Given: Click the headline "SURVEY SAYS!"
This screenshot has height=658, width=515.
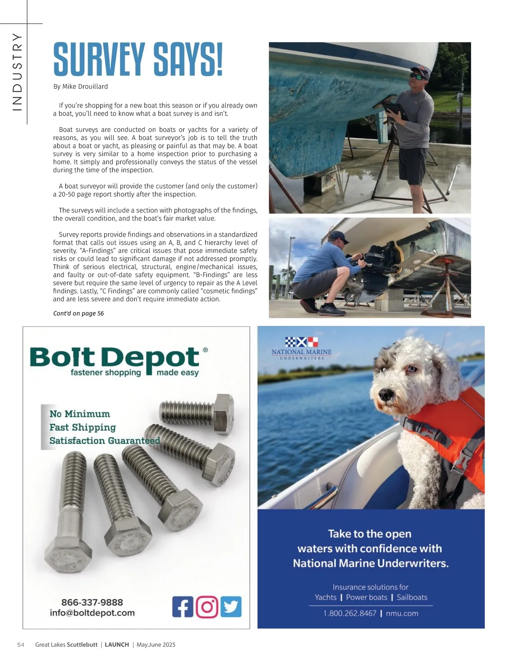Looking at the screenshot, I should (x=138, y=59).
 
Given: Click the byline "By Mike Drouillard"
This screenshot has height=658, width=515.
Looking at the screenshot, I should (x=80, y=87).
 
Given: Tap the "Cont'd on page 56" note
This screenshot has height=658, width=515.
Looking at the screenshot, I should (x=79, y=313).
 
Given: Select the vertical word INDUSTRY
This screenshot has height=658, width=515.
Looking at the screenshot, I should (x=17, y=72).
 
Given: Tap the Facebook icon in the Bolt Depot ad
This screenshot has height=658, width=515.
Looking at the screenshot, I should (x=182, y=607).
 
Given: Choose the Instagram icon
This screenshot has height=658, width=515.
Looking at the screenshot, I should (x=207, y=607).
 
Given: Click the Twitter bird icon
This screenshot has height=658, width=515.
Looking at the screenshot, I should (x=231, y=607).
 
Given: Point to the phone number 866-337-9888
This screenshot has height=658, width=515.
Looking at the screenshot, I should (x=92, y=602).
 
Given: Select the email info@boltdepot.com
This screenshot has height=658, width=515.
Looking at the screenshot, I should (x=92, y=613).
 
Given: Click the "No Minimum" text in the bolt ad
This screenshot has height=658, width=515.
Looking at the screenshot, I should (x=80, y=414).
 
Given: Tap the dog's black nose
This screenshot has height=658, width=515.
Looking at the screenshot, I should (x=385, y=394).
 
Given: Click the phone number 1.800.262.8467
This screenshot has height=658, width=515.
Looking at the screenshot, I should (x=350, y=613).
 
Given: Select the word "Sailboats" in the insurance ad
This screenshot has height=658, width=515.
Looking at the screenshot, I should (x=412, y=598).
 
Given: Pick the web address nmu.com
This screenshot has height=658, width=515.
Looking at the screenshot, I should (x=402, y=613).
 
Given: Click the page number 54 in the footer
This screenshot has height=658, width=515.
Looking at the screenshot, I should (x=21, y=645).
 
